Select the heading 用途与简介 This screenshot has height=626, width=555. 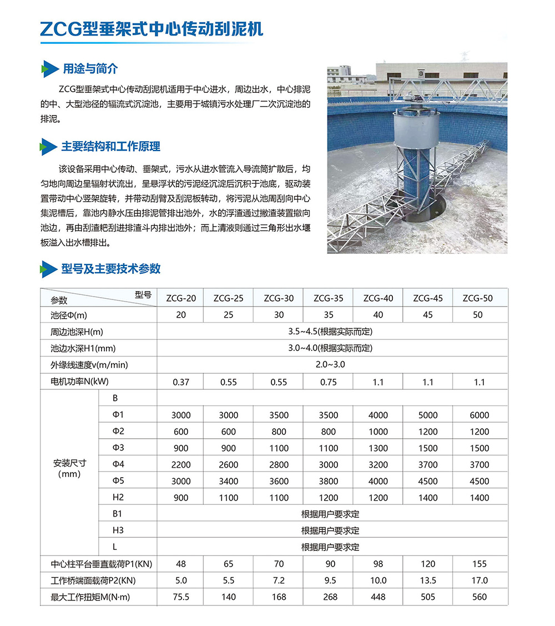(x=90, y=69)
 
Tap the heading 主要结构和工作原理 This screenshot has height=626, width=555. (x=110, y=147)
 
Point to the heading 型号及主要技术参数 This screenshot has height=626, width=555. (x=110, y=269)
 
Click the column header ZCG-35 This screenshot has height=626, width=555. (x=328, y=298)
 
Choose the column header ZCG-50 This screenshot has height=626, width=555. (x=477, y=298)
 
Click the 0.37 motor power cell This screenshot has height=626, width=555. (x=181, y=382)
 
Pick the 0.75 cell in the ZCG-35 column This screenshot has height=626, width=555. (x=328, y=382)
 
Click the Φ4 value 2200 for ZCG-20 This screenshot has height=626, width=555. (x=181, y=465)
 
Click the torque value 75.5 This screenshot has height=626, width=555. (x=181, y=597)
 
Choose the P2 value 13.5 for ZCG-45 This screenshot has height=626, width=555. (x=428, y=581)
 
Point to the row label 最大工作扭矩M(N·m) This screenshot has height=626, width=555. (x=90, y=597)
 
